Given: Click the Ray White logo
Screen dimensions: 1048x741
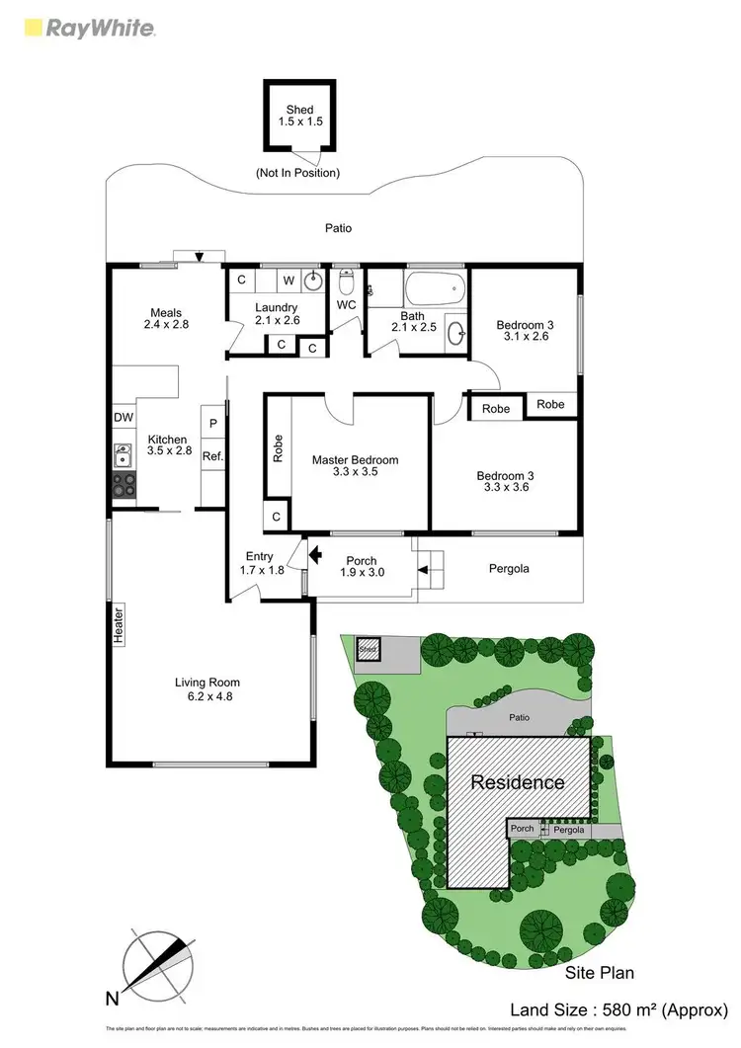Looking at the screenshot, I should [86, 27].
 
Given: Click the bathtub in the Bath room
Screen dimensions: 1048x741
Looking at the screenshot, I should [434, 289].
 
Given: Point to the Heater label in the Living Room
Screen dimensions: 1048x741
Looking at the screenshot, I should [118, 624].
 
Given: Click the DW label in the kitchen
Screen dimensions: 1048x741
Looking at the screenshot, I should [123, 418].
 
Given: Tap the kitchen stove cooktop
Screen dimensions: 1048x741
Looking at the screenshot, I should [124, 484].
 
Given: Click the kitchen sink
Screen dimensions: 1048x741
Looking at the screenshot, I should [123, 456].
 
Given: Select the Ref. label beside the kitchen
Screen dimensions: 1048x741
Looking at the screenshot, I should [212, 455].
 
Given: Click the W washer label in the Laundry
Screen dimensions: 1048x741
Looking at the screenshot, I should [289, 280].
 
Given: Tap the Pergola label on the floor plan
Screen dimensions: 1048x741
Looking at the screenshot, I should [510, 569].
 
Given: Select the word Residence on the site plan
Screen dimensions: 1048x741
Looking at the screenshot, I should [518, 782].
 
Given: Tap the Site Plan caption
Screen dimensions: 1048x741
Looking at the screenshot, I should [600, 973].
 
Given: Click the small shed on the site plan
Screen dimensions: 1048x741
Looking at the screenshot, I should [369, 649].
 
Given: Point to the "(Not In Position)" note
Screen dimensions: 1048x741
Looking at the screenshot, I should [297, 174].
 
